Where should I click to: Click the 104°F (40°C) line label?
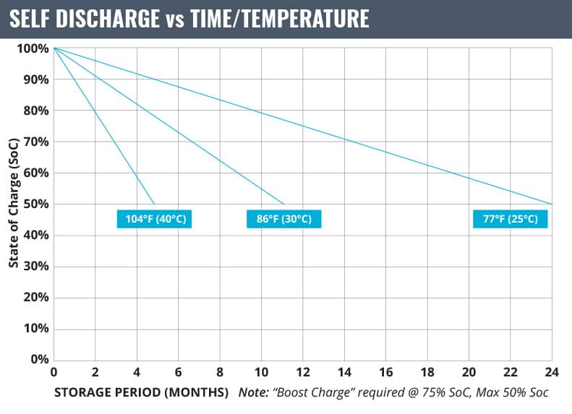(154, 219)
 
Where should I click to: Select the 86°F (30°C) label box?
(283, 219)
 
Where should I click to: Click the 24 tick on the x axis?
(551, 373)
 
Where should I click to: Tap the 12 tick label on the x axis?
(303, 373)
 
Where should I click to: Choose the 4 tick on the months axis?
(137, 373)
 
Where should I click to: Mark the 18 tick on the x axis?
(427, 373)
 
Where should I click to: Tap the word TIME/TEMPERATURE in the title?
(279, 19)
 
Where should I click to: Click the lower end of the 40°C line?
(154, 204)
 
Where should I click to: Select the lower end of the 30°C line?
(283, 204)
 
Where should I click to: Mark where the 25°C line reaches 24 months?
(552, 204)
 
